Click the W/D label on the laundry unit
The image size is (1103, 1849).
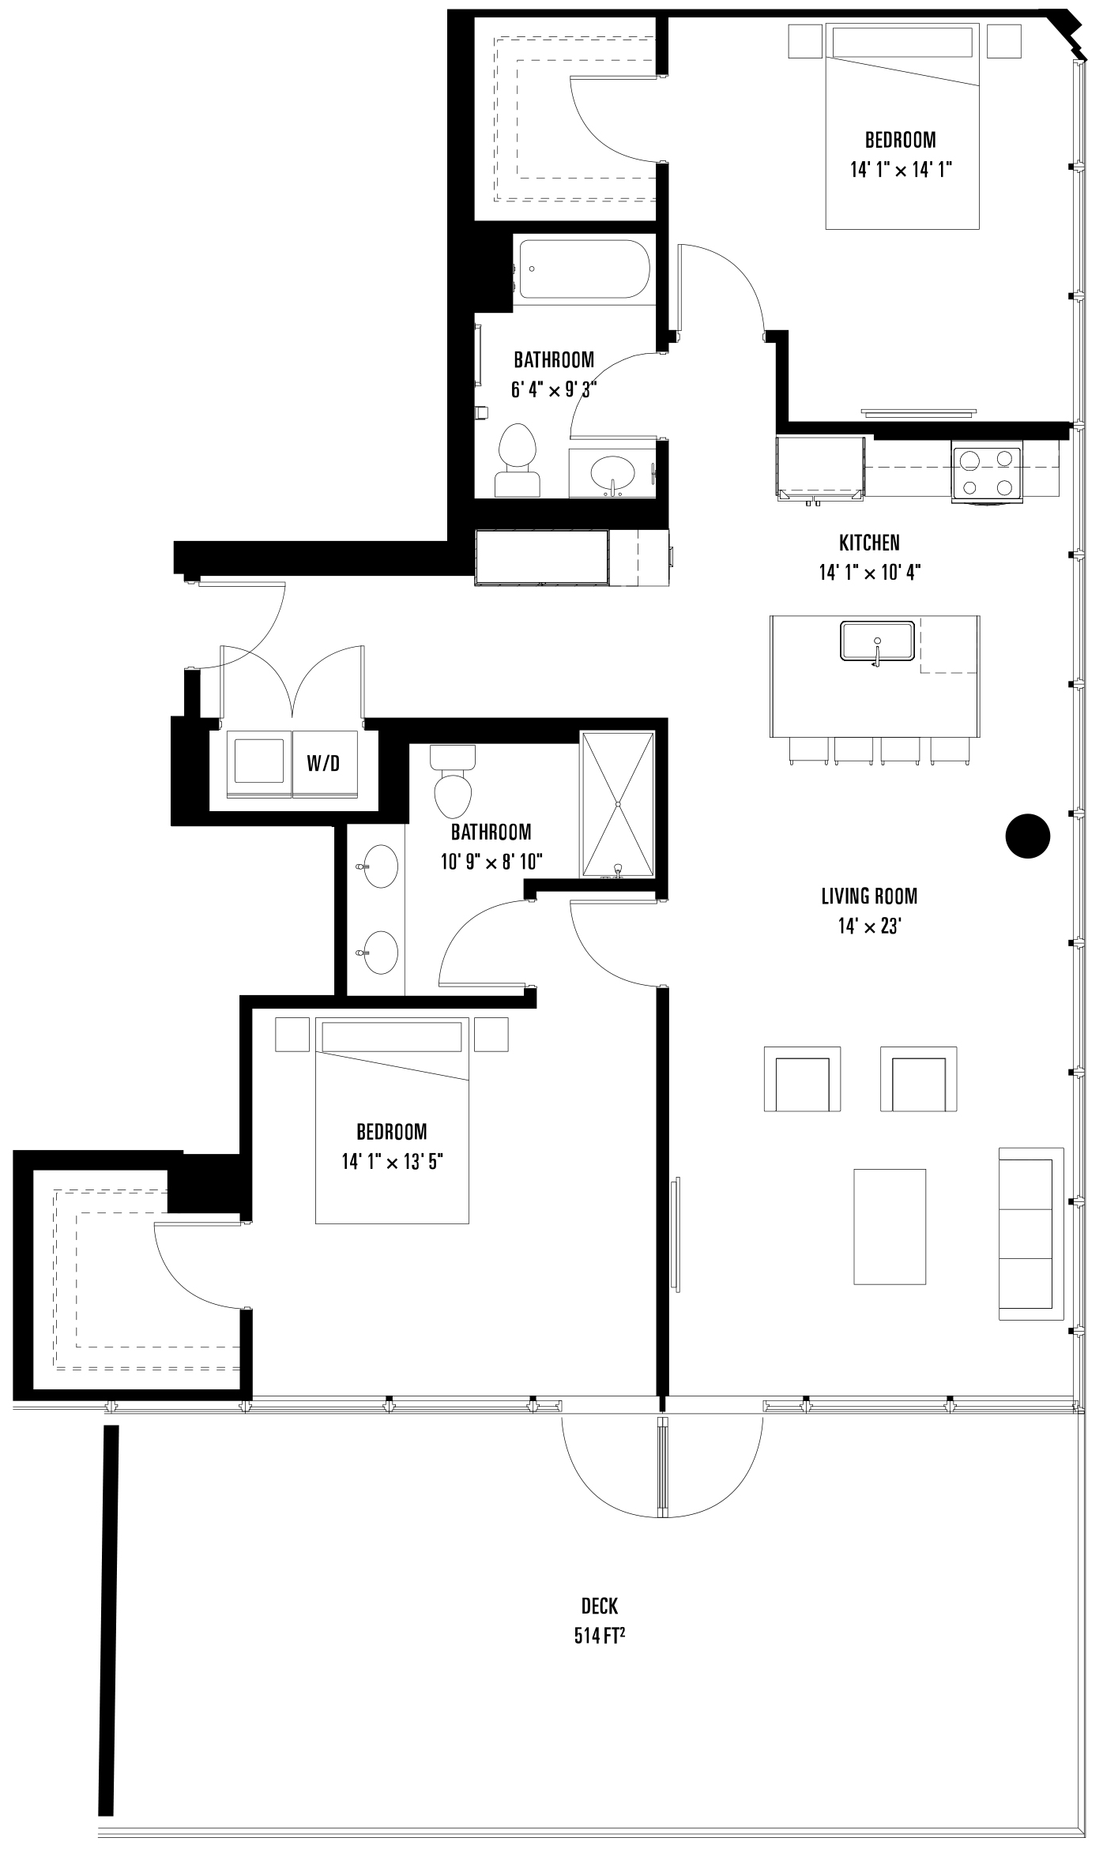(323, 764)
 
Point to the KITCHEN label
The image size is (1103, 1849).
(869, 543)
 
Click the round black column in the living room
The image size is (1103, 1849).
(1027, 836)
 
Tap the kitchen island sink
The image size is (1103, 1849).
(877, 641)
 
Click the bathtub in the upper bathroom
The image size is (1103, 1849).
(585, 269)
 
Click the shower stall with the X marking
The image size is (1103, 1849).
(618, 804)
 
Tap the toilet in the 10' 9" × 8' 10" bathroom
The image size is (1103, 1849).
(454, 782)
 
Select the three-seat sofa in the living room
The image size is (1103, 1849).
(1031, 1234)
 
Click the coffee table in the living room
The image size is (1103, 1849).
(890, 1227)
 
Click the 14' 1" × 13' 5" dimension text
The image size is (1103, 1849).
(393, 1162)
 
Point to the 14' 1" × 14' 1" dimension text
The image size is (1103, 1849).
(902, 170)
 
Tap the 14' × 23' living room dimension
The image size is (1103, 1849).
(870, 926)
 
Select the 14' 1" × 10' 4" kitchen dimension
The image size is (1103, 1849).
(870, 572)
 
